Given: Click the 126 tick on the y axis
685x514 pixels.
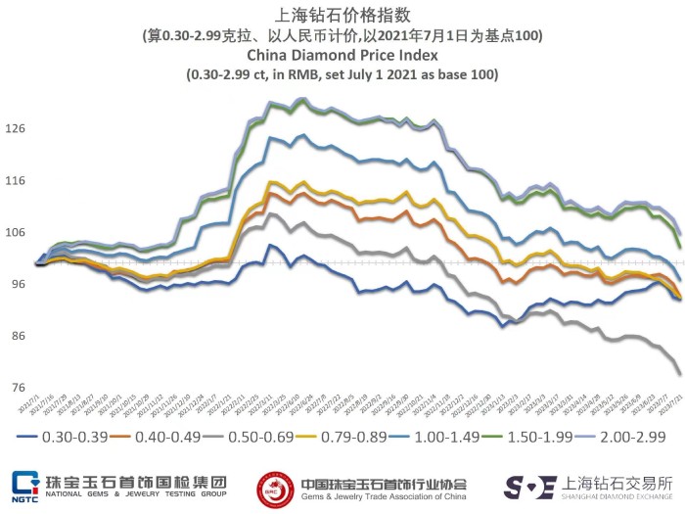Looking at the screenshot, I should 19,128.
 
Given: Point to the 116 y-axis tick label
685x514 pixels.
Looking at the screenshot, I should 19,180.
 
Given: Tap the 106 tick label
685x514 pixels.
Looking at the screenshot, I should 19,232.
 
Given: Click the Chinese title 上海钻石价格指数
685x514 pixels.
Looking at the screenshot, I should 342,15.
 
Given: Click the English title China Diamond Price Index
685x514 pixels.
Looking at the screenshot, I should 342,55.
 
